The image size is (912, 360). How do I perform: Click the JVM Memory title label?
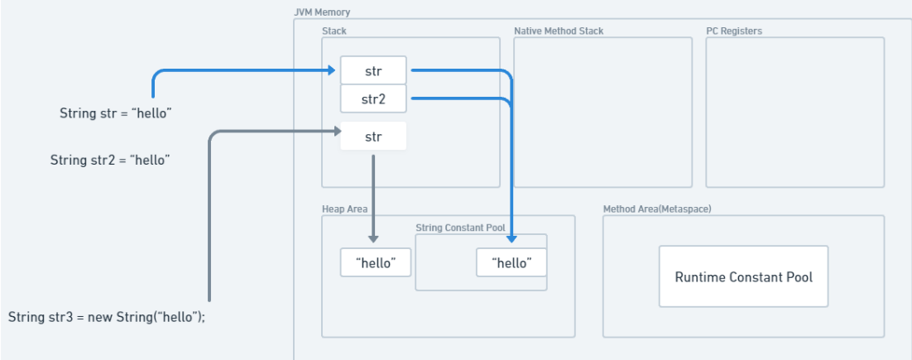(x=323, y=12)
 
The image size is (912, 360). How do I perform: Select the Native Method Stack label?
(x=559, y=31)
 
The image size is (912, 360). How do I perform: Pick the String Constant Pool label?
(x=460, y=228)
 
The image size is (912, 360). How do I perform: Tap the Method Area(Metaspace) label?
(x=656, y=209)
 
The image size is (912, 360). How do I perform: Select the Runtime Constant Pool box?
(x=743, y=276)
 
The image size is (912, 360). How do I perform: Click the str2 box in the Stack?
(x=373, y=98)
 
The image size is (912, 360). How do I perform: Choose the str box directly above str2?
(x=373, y=70)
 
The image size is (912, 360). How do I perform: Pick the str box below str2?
(x=373, y=137)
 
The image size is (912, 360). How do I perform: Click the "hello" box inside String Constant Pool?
(x=511, y=262)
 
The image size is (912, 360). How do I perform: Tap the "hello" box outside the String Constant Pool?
(x=376, y=262)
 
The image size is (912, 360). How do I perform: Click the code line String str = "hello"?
(x=116, y=113)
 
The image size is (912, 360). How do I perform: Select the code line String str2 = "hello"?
(x=111, y=160)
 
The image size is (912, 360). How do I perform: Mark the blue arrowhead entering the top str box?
(x=332, y=70)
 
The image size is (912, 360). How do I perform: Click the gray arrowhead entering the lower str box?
(x=336, y=132)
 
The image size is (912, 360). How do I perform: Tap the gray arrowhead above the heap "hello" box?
(x=373, y=238)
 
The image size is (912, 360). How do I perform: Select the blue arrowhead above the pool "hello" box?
(x=511, y=238)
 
